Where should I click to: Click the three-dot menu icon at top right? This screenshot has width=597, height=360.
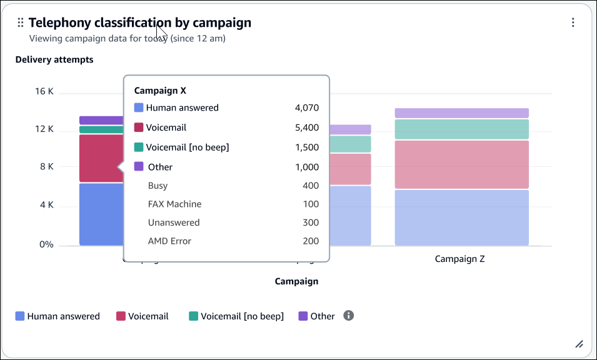(573, 22)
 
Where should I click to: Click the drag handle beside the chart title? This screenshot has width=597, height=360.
(20, 22)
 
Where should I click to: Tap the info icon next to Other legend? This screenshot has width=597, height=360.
(349, 316)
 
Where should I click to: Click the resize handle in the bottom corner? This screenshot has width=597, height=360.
(579, 344)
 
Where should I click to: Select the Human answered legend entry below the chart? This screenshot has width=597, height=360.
(58, 316)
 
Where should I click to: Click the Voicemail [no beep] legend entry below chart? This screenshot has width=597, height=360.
(236, 316)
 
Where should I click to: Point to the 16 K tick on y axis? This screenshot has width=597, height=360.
(44, 91)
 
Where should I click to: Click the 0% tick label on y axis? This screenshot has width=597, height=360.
(46, 244)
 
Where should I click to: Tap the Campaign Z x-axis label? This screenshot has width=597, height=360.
(459, 259)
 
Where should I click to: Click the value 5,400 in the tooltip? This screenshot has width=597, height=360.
(306, 127)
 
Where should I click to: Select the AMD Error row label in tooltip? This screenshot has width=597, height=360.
(169, 241)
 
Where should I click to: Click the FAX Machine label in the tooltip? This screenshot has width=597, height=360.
(174, 204)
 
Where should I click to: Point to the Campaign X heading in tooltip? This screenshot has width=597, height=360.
(160, 91)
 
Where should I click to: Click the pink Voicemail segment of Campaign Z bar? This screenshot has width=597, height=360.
(461, 164)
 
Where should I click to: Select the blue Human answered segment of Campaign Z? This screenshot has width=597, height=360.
(461, 217)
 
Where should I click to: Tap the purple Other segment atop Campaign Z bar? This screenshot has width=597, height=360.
(461, 113)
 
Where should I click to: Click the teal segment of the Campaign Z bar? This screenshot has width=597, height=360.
(461, 129)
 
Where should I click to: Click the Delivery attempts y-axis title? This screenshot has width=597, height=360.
(54, 60)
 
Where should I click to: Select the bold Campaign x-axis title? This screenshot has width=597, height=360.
(296, 281)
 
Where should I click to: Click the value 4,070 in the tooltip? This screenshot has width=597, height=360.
(306, 107)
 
